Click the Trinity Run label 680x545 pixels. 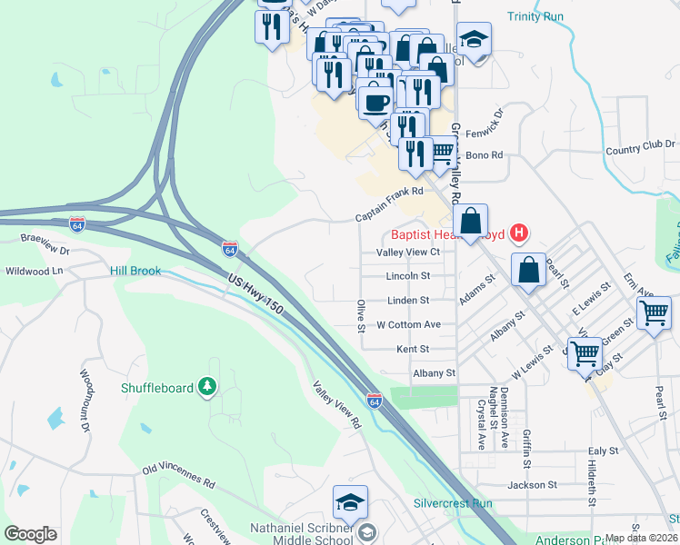coord(536,16)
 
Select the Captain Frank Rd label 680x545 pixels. coord(389,192)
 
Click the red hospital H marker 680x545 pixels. coord(518,233)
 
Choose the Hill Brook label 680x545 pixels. coord(135,271)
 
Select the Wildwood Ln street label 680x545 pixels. coord(34,271)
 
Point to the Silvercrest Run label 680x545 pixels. coord(452,503)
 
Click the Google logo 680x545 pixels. coord(30,534)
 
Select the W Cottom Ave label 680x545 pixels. coord(408,324)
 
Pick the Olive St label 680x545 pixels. coord(361,314)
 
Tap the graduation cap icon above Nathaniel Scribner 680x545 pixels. coord(349,501)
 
